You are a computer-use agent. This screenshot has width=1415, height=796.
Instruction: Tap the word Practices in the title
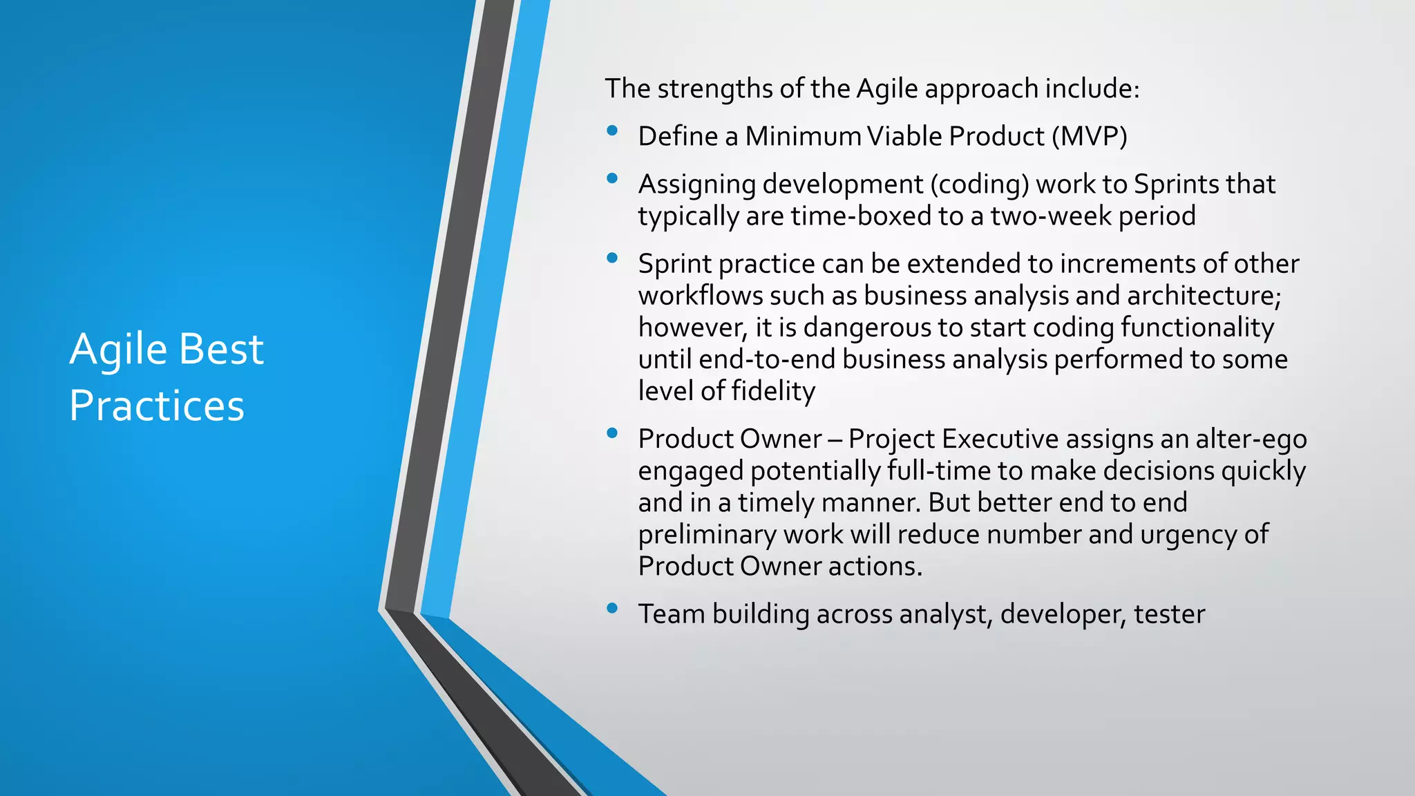click(157, 406)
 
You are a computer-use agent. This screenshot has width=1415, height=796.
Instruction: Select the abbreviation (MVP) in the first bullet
click(1090, 136)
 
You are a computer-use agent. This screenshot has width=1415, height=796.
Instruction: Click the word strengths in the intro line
click(715, 88)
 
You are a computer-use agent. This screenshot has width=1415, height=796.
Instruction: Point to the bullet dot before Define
click(611, 131)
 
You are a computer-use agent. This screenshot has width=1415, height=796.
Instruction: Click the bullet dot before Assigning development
click(611, 178)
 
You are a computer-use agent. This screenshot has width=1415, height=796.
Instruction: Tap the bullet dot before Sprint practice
click(611, 258)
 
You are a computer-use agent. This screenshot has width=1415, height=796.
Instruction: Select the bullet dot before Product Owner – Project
click(611, 433)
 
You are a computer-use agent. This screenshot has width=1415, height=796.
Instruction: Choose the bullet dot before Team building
click(611, 608)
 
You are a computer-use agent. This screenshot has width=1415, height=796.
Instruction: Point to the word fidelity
click(773, 392)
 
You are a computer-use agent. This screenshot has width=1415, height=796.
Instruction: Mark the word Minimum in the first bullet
click(802, 136)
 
